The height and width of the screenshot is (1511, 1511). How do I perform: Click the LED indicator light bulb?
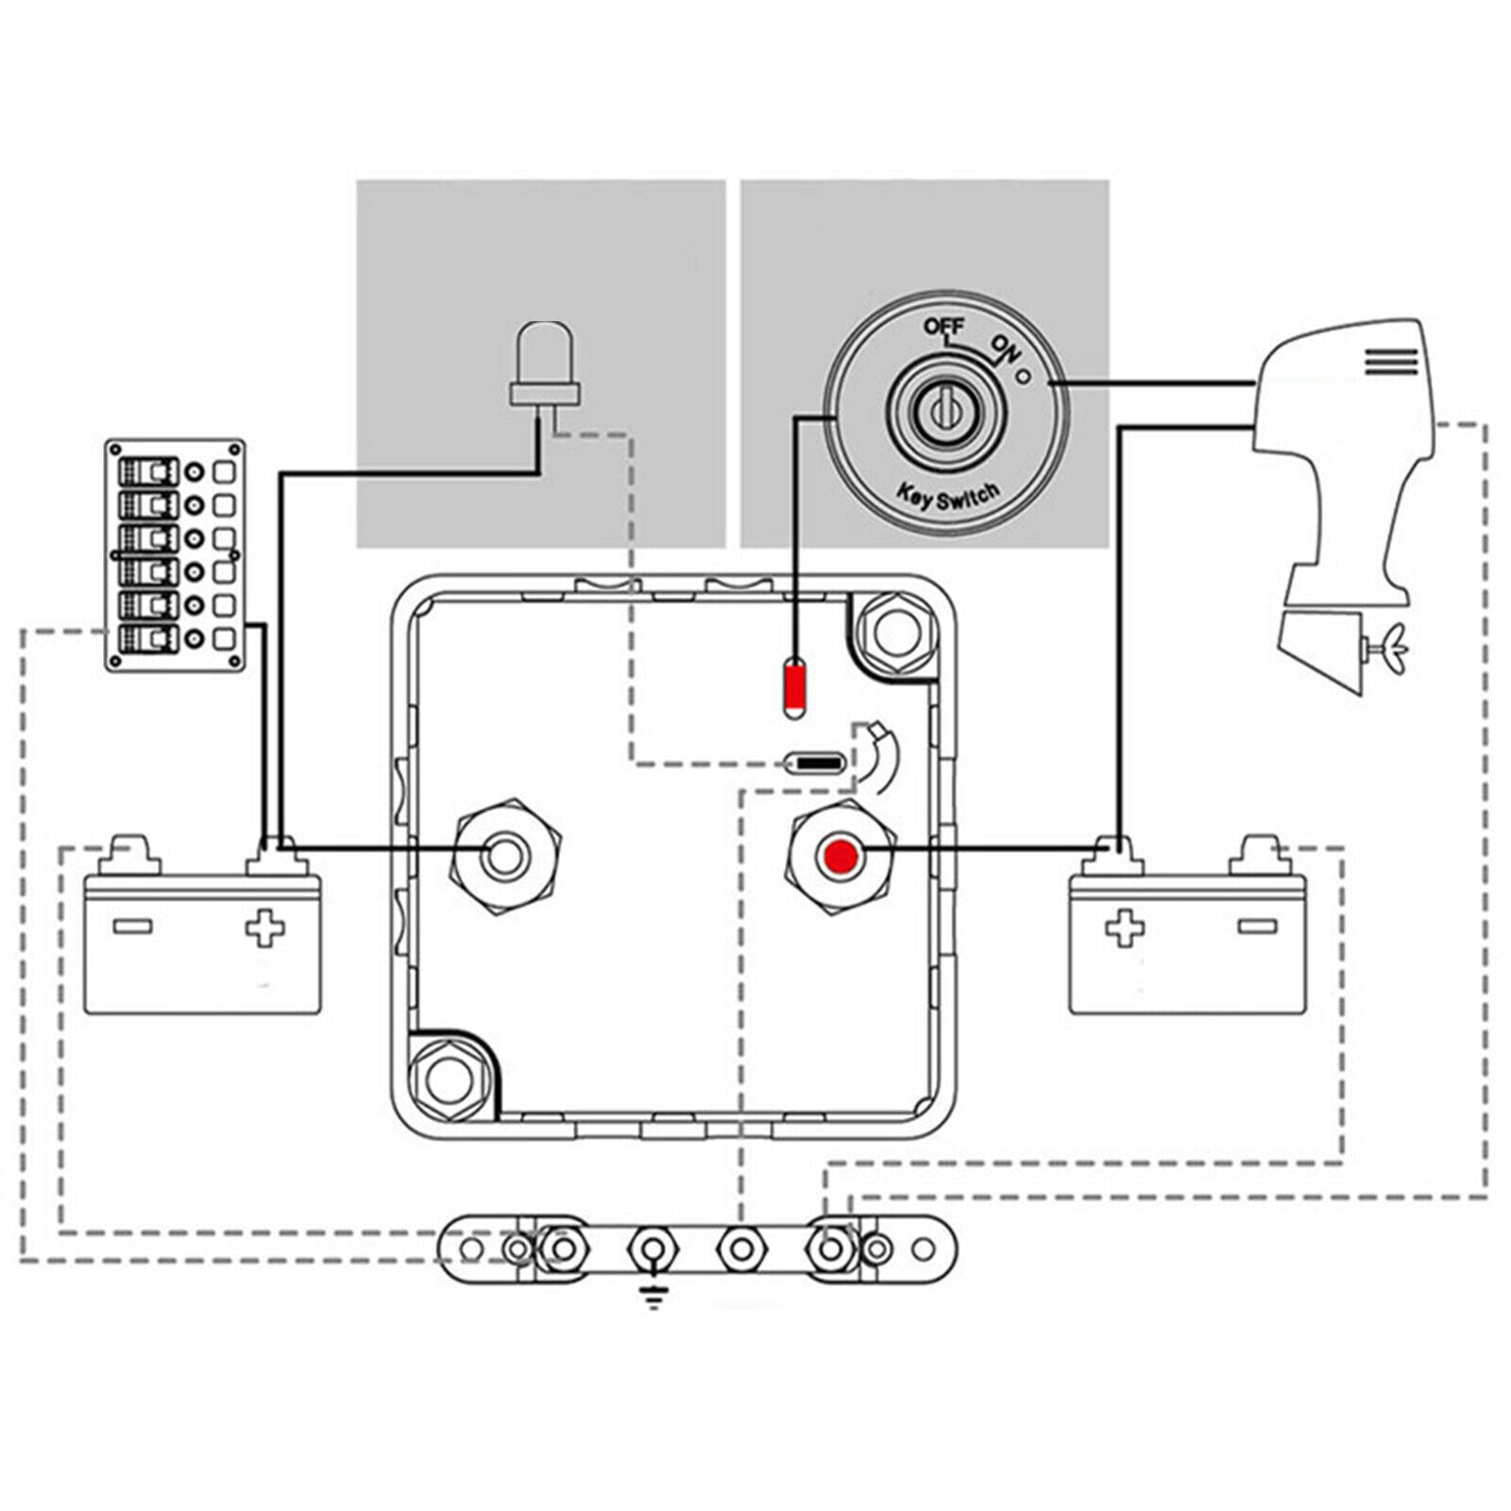(x=543, y=365)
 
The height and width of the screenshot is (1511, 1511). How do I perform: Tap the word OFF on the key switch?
(x=943, y=327)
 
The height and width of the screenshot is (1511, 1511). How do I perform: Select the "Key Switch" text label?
(x=946, y=495)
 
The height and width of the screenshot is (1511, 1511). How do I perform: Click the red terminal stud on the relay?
(x=840, y=857)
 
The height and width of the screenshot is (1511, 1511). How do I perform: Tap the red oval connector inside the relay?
(x=794, y=689)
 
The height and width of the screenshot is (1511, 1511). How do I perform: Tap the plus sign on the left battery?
(x=265, y=927)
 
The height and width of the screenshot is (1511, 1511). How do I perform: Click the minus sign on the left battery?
(x=132, y=926)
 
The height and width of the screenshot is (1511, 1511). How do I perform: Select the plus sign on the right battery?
(x=1125, y=927)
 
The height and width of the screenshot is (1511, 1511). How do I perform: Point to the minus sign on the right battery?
(x=1257, y=926)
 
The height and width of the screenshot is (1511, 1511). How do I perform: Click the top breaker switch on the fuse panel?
(x=147, y=471)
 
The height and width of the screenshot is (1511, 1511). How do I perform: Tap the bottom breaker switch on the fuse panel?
(x=147, y=638)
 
